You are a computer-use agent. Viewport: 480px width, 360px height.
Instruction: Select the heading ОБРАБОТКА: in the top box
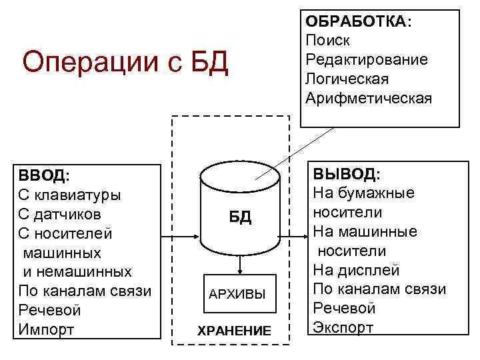358,22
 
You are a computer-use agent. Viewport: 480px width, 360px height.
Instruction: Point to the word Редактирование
366,59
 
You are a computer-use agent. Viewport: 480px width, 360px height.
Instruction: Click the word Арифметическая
368,98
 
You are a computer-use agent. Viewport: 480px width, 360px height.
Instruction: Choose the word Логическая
346,79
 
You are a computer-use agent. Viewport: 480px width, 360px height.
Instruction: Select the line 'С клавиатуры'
69,195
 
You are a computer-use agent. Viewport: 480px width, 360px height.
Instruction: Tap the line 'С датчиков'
60,215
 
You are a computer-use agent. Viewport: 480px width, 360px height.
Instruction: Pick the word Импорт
47,329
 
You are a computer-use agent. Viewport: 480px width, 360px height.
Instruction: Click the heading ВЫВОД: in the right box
346,175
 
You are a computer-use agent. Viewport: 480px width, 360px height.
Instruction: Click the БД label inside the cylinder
241,217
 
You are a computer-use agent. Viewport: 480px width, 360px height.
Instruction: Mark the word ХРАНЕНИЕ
234,331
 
